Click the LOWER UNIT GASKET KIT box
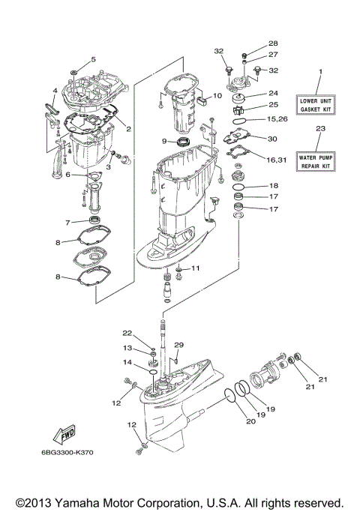(320, 104)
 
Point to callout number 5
(94, 58)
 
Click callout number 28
(252, 43)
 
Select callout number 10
(217, 96)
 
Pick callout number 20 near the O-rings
(250, 422)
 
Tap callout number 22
(127, 332)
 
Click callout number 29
(178, 344)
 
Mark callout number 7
(67, 223)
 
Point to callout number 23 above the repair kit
(320, 129)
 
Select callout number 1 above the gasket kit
(320, 72)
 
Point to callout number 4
(55, 91)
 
